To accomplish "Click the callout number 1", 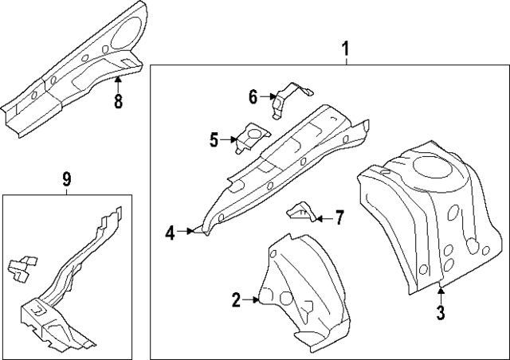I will [345, 51].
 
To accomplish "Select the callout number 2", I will [236, 299].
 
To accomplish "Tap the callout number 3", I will [441, 312].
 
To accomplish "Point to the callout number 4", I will [171, 233].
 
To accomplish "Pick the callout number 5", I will [214, 141].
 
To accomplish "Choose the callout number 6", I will [253, 97].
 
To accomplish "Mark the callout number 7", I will [339, 217].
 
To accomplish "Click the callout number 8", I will [118, 102].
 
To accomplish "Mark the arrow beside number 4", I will [188, 232].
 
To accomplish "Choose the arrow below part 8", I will [118, 81].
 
